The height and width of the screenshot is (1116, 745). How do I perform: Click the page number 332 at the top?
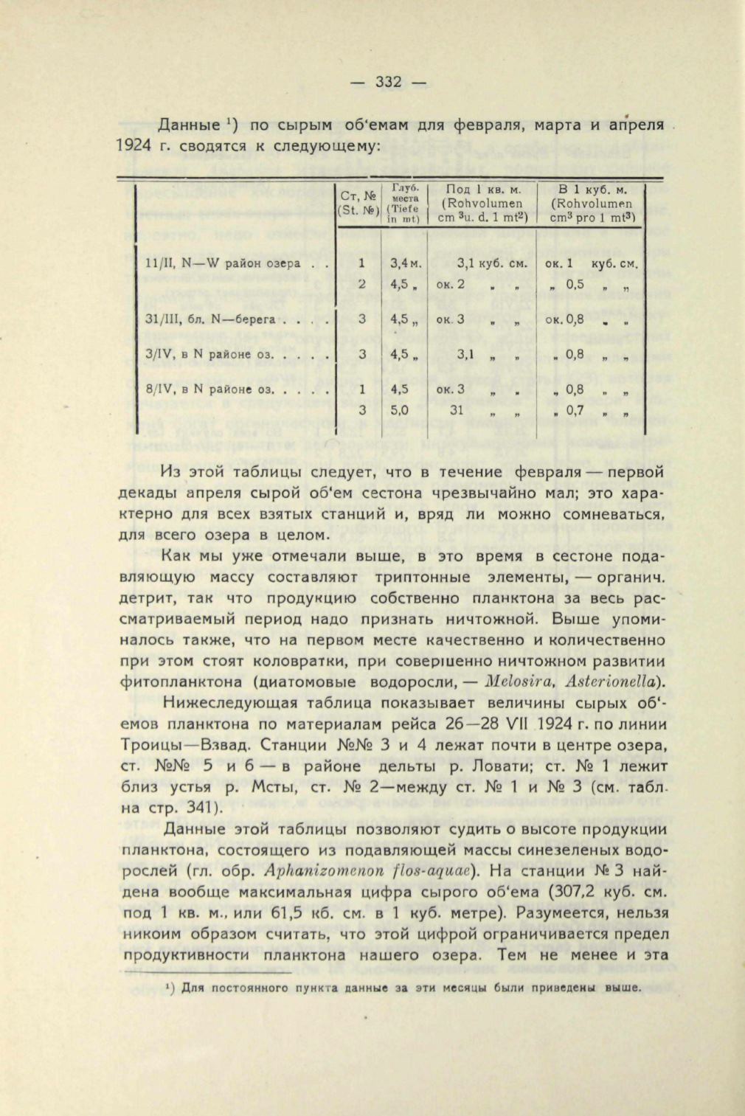point(388,82)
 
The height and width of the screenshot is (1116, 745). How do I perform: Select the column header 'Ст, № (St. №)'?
point(358,202)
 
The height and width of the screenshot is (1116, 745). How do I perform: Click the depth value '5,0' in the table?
point(400,411)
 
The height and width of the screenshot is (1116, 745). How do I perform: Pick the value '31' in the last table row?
point(457,411)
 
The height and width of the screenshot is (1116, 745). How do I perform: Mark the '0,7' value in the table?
point(575,411)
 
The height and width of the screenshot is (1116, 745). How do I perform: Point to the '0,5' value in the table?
point(575,285)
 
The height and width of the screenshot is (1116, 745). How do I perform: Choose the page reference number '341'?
point(173,807)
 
